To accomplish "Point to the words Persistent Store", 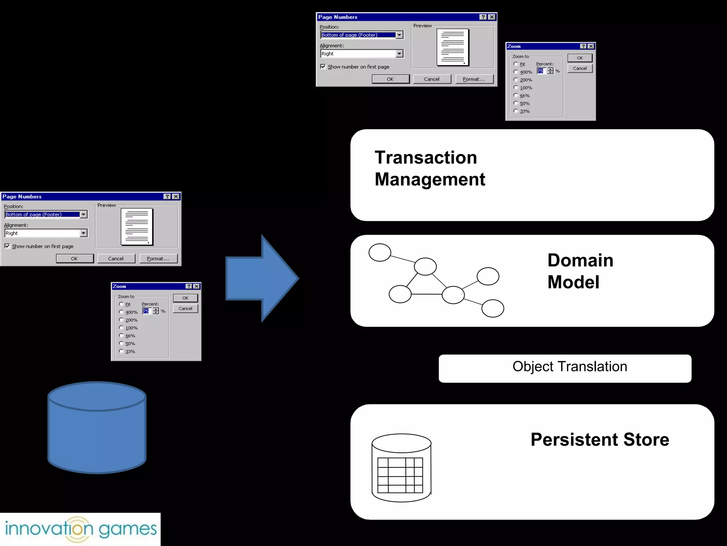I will tap(600, 440).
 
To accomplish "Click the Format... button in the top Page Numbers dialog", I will tap(474, 79).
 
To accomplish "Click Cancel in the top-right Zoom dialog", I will tap(580, 68).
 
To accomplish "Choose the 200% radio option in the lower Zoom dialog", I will tap(121, 320).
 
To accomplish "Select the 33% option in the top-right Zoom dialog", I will tap(516, 111).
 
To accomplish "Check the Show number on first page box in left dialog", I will tap(7, 246).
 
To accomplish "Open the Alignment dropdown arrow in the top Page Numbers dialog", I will tap(399, 54).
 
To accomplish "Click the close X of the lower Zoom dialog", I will tap(196, 287).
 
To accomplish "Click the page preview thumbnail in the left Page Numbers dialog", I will tap(137, 226).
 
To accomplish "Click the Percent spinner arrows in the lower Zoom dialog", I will tap(156, 311).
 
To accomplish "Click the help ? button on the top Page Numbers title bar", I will tap(483, 17).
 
